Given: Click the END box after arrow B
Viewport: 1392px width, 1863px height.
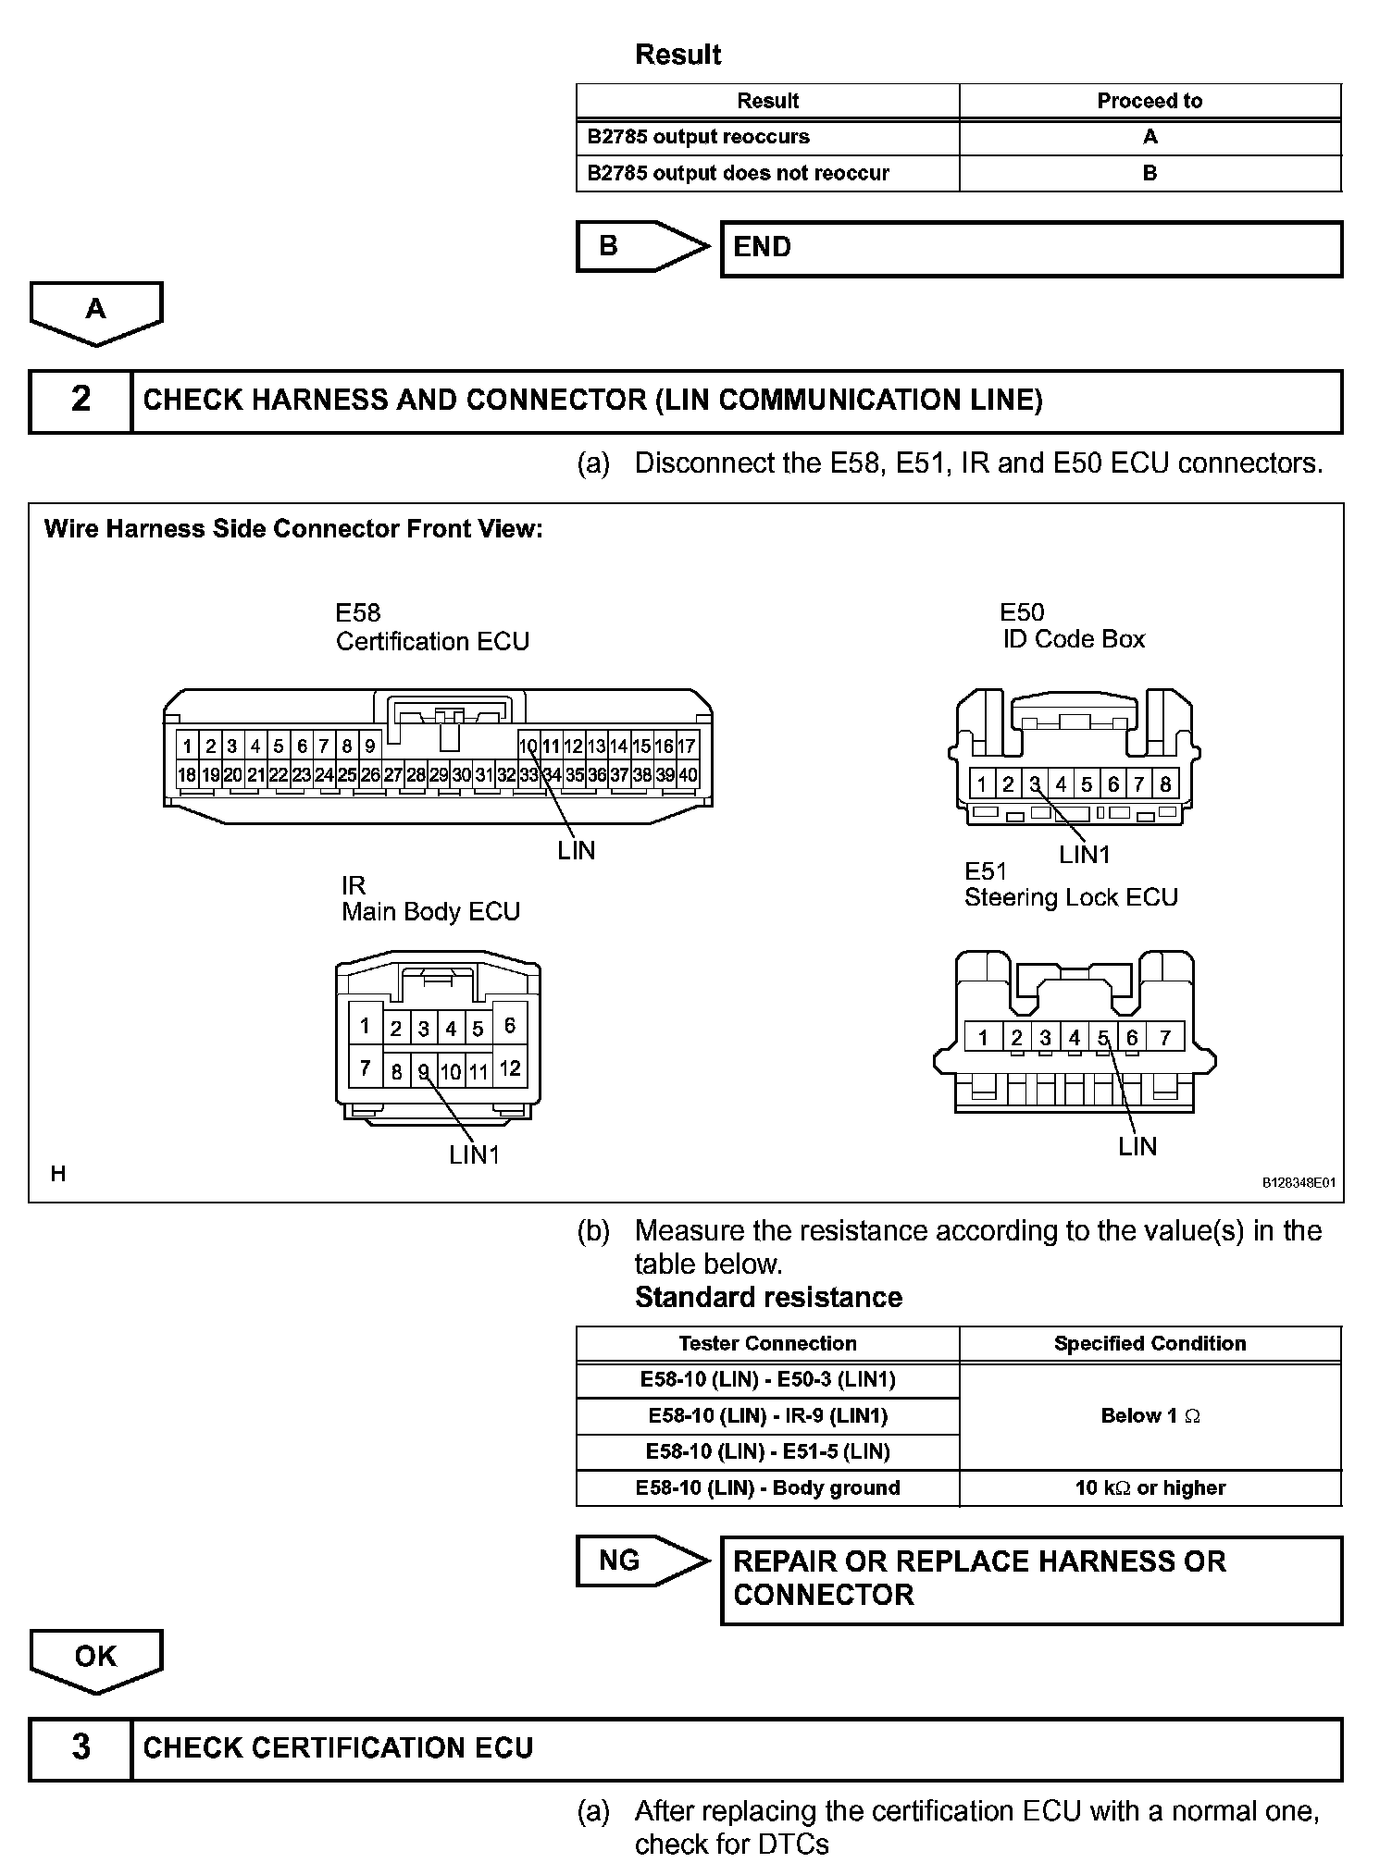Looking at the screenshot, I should tap(1031, 248).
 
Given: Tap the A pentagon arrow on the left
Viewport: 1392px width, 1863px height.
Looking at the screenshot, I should tap(96, 311).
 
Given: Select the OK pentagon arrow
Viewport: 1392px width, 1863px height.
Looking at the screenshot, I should tap(96, 1657).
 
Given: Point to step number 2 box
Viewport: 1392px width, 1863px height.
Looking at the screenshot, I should tap(81, 401).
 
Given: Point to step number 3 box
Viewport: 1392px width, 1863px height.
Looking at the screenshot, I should tap(81, 1747).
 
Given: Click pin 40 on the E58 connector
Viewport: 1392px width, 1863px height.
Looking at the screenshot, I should tap(688, 775).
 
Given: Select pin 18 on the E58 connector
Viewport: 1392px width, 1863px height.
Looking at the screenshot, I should tap(187, 775).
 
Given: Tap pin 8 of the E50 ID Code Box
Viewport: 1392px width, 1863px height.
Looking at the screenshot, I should tap(1165, 785).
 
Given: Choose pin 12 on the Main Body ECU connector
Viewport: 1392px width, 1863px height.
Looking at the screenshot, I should tap(510, 1068).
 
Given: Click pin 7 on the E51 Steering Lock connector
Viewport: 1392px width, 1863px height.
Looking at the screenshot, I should tap(1165, 1038).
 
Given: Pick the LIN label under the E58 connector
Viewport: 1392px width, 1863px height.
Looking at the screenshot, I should tap(576, 851).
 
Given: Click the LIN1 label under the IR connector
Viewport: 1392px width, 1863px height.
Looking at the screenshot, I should tap(474, 1154).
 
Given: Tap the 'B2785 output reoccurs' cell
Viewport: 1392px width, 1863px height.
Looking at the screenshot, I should tap(767, 137).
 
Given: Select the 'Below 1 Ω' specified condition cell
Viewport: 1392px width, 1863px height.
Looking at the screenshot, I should tap(1150, 1415).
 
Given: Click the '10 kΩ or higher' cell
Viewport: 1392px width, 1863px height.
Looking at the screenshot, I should tap(1150, 1487).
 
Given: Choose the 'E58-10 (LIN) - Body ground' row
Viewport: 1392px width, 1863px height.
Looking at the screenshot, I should tap(767, 1487).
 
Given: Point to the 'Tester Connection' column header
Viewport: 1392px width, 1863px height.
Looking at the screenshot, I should tap(767, 1343).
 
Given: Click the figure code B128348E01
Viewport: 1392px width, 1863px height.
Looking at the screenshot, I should tap(1299, 1183).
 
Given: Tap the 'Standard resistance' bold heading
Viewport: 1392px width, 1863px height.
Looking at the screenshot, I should tap(768, 1298).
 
